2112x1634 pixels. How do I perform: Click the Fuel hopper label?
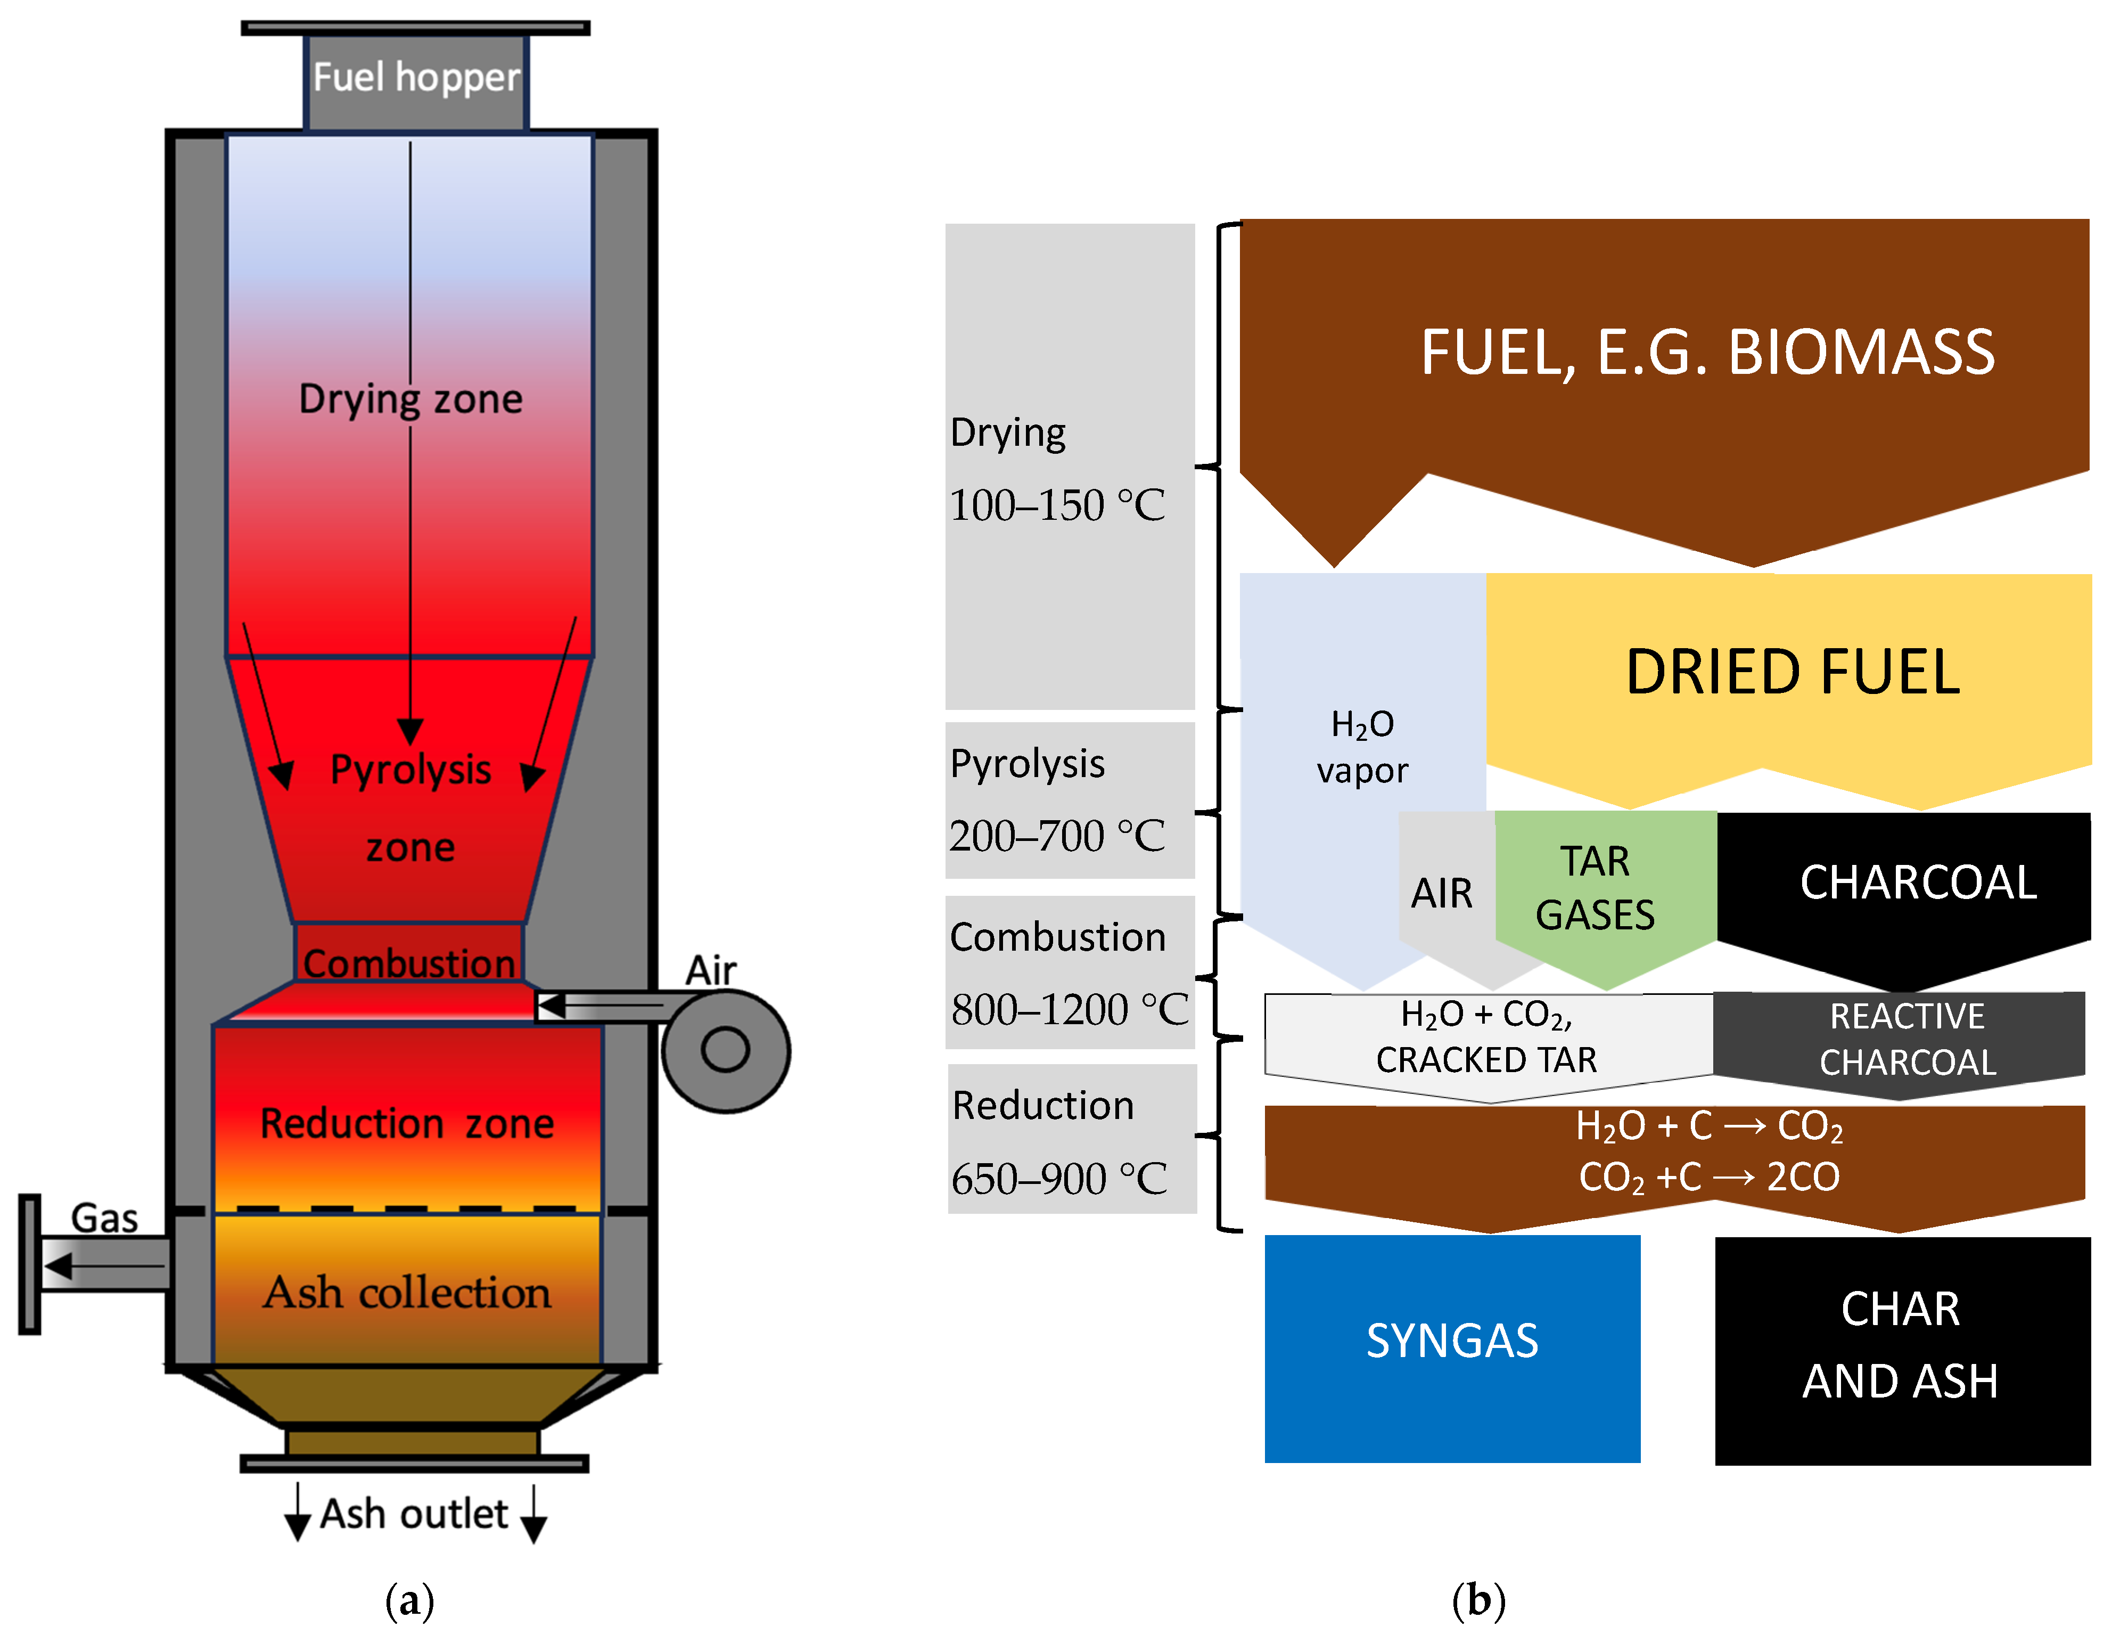click(x=416, y=77)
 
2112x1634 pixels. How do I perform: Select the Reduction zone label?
click(x=407, y=1123)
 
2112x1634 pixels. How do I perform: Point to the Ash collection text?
click(x=407, y=1293)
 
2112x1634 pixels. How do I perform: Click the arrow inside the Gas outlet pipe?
click(x=102, y=1265)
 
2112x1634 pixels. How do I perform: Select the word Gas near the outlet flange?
click(x=104, y=1218)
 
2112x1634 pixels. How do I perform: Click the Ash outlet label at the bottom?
click(x=414, y=1513)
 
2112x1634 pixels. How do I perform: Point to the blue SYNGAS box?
click(x=1451, y=1347)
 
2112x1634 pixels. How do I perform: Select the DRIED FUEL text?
click(x=1792, y=672)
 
